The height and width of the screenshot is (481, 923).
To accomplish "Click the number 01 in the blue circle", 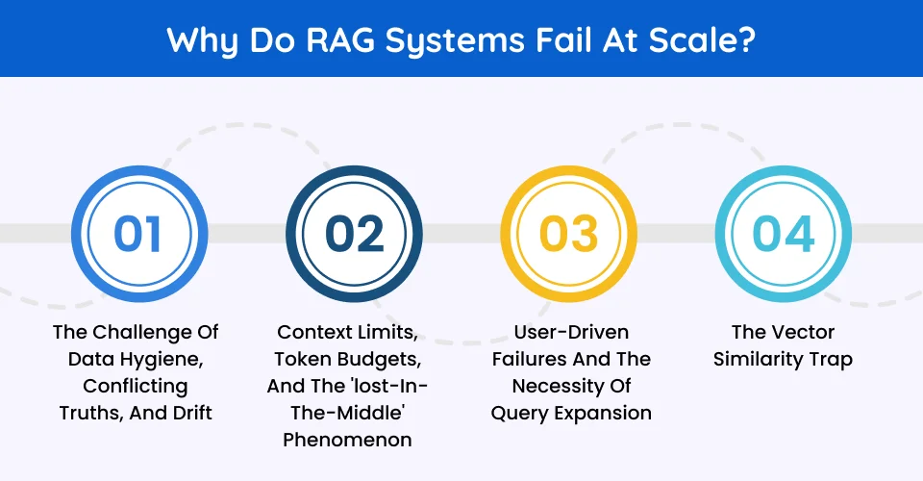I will pyautogui.click(x=137, y=234).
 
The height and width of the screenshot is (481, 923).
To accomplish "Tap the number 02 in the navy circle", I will pyautogui.click(x=353, y=234).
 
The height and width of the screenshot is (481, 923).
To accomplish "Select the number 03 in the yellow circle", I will pyautogui.click(x=568, y=234).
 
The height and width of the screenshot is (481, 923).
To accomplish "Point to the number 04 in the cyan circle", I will pyautogui.click(x=784, y=234).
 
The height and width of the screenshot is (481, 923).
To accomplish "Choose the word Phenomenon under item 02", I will pyautogui.click(x=353, y=440).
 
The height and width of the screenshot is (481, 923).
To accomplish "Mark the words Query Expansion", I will pyautogui.click(x=570, y=413).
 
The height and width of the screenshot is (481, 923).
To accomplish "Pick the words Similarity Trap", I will pyautogui.click(x=784, y=359).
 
